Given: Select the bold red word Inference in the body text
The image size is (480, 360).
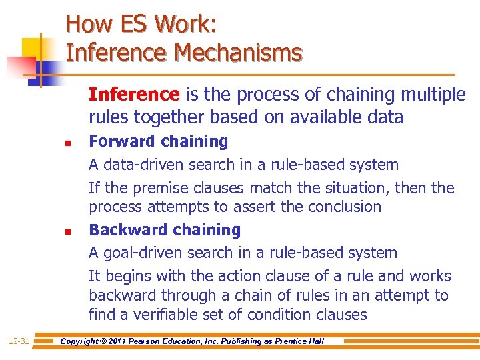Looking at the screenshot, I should (135, 95).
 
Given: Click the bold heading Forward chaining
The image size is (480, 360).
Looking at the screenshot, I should (158, 141).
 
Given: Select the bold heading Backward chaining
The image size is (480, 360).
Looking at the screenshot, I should (165, 230).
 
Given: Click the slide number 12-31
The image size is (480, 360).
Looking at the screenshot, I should (19, 341).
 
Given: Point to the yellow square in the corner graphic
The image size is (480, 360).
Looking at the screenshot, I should (31, 48).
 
